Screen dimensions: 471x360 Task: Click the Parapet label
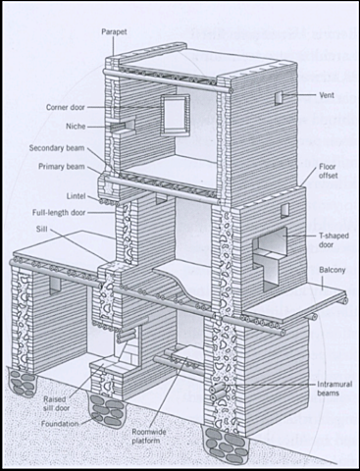pyautogui.click(x=115, y=31)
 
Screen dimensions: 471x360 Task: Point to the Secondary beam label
pyautogui.click(x=58, y=148)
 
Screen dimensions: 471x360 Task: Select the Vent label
pyautogui.click(x=329, y=96)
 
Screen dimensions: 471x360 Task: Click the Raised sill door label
pyautogui.click(x=56, y=406)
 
